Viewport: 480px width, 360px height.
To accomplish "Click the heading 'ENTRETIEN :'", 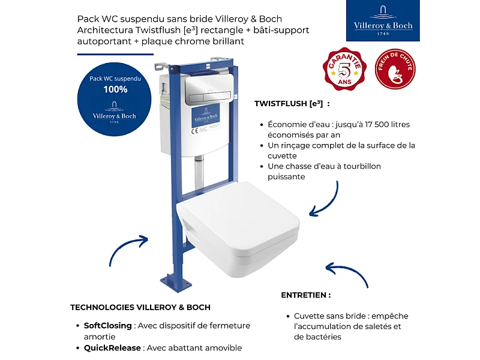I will [x=305, y=295].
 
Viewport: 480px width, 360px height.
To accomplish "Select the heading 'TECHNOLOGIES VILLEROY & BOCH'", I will [x=140, y=307].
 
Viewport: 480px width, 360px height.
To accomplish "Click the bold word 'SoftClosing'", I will [x=107, y=326].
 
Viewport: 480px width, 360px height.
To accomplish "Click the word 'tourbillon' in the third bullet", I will [x=359, y=166].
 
